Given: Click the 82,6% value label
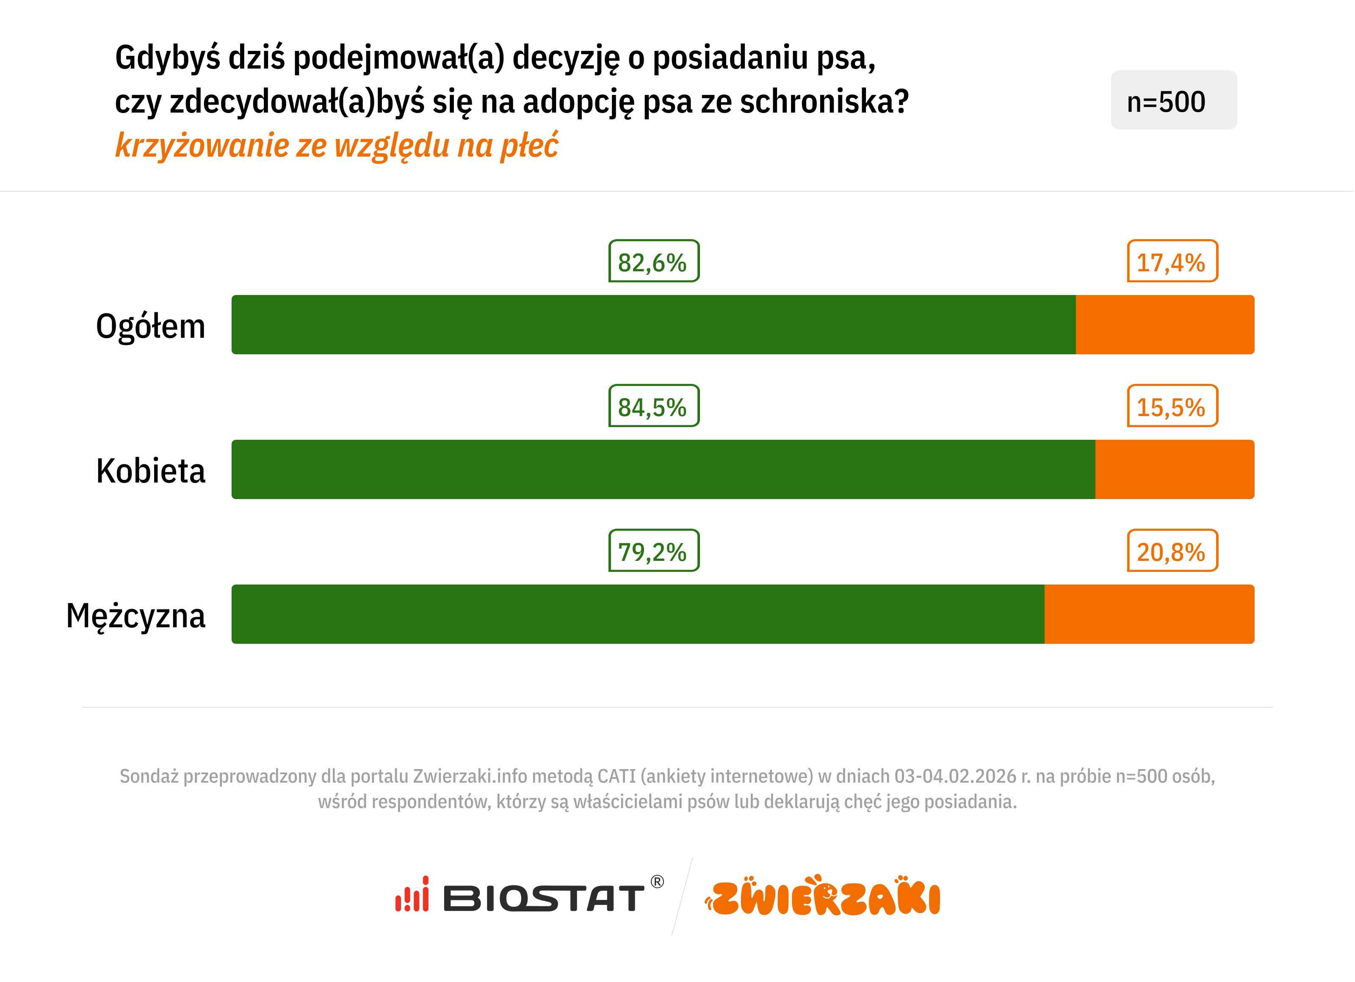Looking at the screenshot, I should tap(654, 262).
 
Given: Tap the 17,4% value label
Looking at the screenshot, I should tap(1172, 262).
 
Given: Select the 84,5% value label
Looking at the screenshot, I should tap(654, 406).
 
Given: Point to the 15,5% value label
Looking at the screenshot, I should tap(1172, 406).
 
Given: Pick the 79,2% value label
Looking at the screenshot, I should tap(654, 551).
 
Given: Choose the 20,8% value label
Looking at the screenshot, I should tap(1172, 551).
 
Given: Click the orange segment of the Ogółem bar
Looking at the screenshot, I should tap(1164, 324).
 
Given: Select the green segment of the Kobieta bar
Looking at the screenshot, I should tap(663, 469).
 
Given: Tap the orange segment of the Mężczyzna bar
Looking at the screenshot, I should tap(1149, 614).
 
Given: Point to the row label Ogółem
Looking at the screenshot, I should tap(151, 327).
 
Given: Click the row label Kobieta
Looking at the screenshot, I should tap(151, 471).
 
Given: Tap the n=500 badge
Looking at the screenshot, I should tap(1173, 100).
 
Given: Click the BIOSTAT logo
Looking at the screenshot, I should tap(529, 896).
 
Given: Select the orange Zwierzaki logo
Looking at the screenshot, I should tap(823, 896).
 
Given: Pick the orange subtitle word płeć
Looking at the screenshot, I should tap(529, 145).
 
